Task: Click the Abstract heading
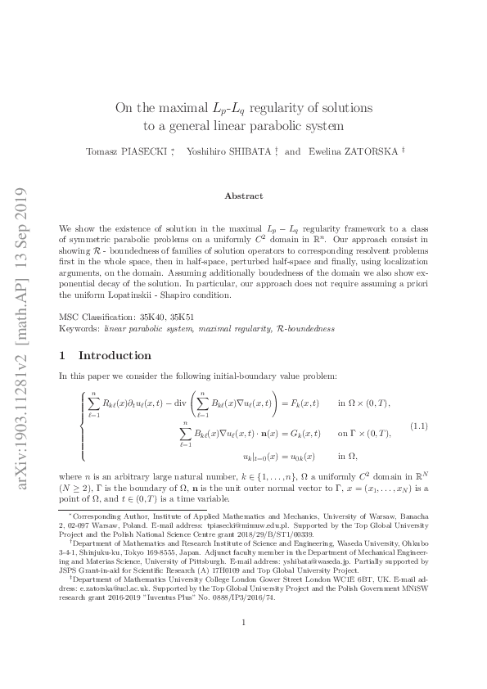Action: point(243,196)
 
